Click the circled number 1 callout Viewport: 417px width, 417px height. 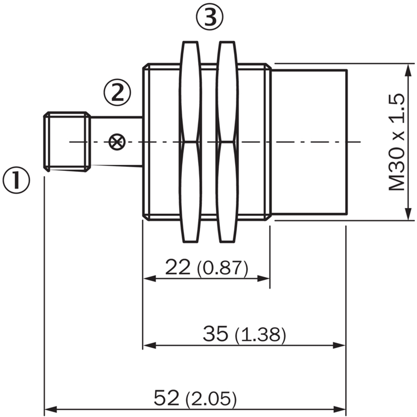[17, 180]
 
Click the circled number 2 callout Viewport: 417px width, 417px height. [116, 93]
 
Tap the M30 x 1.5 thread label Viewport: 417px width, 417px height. [397, 142]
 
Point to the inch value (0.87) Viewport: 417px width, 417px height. [223, 268]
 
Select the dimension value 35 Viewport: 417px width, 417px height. [216, 334]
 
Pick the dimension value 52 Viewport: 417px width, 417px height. [167, 399]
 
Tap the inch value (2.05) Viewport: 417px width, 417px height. [211, 400]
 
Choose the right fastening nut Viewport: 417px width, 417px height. [227, 142]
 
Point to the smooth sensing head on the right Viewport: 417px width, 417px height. [309, 142]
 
